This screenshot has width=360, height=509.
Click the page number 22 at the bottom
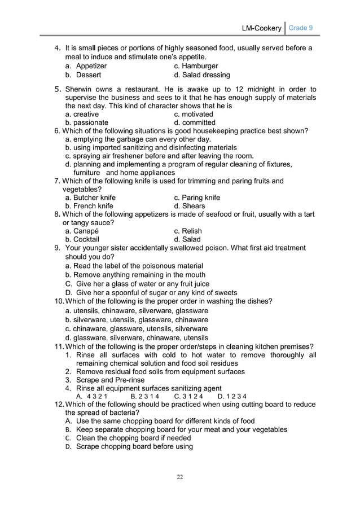(180, 477)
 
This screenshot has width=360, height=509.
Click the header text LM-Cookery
(261, 28)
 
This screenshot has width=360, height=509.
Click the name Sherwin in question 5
(80, 89)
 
